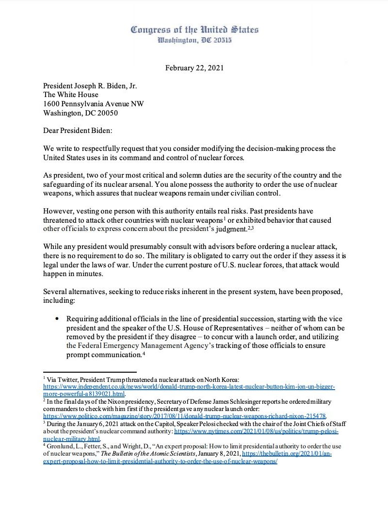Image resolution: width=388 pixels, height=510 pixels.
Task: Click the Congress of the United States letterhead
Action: (194, 30)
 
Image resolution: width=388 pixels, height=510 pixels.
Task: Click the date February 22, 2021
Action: (194, 68)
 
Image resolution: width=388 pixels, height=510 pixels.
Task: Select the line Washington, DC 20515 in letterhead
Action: (194, 40)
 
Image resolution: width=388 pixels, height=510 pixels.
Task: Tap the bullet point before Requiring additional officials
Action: (57, 319)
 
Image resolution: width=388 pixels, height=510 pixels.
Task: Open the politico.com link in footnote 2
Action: (184, 416)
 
